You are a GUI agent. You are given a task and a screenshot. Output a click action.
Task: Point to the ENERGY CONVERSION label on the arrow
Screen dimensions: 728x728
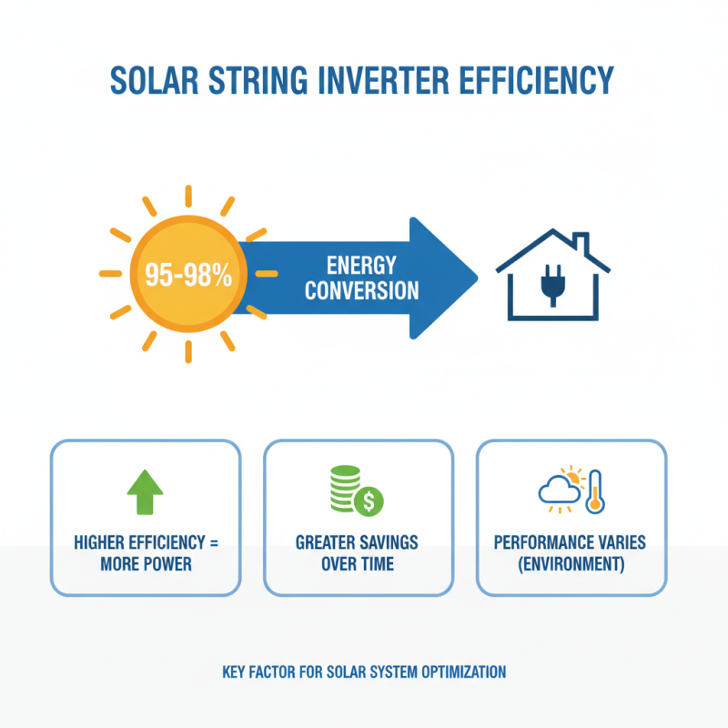[x=361, y=278]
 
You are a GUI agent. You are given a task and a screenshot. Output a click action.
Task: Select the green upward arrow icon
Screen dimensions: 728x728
[x=145, y=492]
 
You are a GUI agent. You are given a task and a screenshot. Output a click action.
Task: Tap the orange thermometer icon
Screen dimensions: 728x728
[x=594, y=490]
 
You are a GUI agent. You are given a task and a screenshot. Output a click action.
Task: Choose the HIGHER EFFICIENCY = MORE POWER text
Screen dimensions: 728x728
[x=146, y=553]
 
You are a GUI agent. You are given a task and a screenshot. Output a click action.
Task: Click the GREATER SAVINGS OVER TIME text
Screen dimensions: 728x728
[x=358, y=553]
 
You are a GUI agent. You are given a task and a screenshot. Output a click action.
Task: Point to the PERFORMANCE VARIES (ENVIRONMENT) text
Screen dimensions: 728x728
[x=571, y=553]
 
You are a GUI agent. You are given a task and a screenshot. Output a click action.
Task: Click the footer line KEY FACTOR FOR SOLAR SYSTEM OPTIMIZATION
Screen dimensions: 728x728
[x=364, y=672]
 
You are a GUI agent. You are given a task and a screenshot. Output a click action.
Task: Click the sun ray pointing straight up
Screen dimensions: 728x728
[x=188, y=197]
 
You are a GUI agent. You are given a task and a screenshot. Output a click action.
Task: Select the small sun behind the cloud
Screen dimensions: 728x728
[x=571, y=477]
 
